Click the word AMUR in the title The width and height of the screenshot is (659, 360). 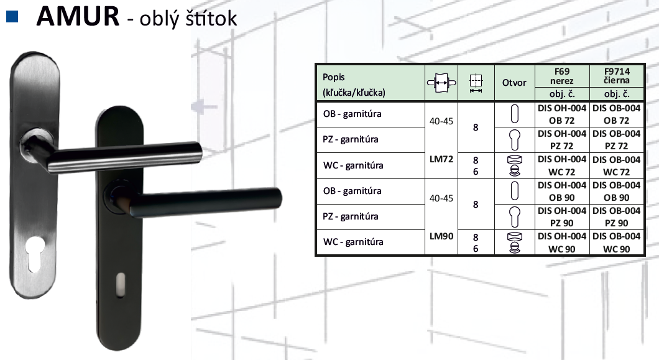point(78,16)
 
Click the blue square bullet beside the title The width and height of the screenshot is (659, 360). point(12,16)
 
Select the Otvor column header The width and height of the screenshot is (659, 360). point(514,83)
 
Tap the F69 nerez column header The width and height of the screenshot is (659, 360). point(562,76)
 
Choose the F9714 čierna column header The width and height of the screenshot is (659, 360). point(617,76)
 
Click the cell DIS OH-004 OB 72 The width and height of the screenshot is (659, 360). point(562,114)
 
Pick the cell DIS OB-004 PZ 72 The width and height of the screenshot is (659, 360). point(617,140)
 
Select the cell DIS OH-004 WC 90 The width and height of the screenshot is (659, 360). point(562,242)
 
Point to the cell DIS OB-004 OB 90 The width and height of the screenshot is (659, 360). point(617,192)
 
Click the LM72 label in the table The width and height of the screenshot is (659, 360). point(441,159)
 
